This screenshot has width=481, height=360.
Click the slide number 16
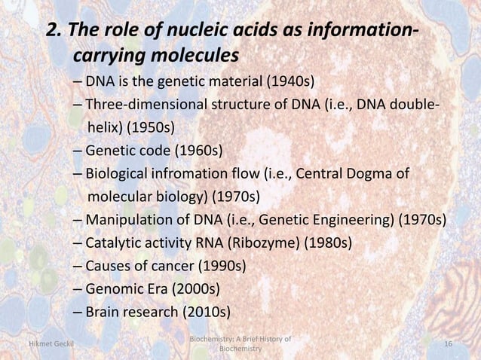click(449, 344)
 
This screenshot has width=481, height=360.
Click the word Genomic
click(114, 288)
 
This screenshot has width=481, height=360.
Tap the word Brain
click(103, 311)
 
